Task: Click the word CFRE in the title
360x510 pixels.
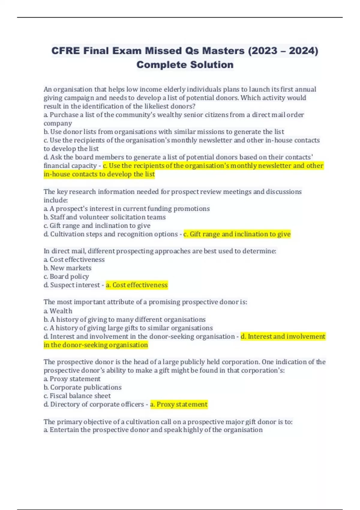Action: click(x=66, y=51)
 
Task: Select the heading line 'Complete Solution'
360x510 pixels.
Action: click(x=185, y=65)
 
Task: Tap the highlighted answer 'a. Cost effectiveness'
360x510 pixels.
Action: click(x=137, y=285)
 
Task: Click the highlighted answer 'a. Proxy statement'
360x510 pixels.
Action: click(x=179, y=404)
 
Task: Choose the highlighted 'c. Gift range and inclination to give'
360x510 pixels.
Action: click(x=237, y=234)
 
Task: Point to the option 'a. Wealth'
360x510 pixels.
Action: click(x=58, y=311)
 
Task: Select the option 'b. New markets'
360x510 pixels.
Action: click(x=67, y=268)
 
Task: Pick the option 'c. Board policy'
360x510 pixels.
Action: click(x=66, y=276)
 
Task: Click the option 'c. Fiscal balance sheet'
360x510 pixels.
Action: click(x=77, y=396)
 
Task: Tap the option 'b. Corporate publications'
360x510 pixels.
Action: click(x=82, y=387)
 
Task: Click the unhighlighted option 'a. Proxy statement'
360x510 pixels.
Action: click(x=72, y=379)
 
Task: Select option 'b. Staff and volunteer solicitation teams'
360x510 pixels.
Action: click(x=105, y=217)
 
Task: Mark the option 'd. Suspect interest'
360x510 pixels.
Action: click(x=72, y=285)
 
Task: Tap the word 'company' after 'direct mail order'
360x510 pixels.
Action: click(x=58, y=123)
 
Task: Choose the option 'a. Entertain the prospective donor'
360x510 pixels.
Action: click(x=153, y=430)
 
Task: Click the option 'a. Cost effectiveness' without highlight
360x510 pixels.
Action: click(x=74, y=259)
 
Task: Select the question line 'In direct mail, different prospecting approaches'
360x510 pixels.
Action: click(x=160, y=251)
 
